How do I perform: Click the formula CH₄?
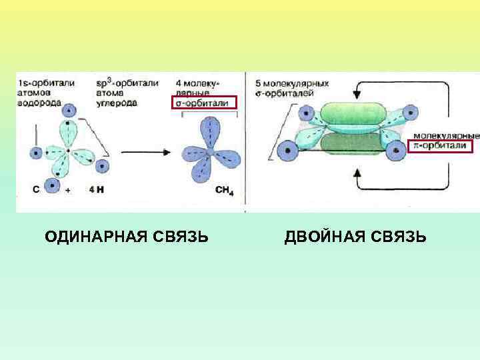tap(225, 190)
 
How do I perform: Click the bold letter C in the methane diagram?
tap(36, 189)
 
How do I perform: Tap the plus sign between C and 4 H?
tap(68, 190)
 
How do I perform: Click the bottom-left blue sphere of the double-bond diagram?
tap(288, 150)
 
